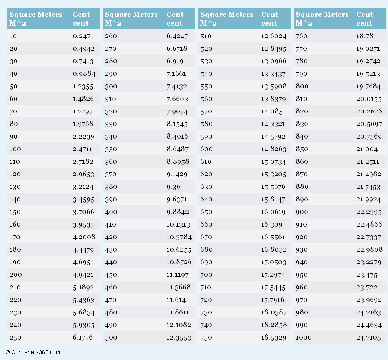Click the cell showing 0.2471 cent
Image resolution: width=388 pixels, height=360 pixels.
coord(83,36)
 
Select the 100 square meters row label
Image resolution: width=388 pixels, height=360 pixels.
coord(15,149)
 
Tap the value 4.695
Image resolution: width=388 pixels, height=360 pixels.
coord(81,262)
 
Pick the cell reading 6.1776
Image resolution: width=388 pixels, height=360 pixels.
coord(82,338)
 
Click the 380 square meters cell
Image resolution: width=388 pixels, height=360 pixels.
coord(111,187)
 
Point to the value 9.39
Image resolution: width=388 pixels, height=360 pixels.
coord(173,187)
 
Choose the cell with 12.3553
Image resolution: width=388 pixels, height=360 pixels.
coord(179,338)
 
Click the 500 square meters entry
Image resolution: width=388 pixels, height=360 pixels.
coord(111,338)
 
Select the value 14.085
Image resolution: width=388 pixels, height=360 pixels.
coord(272,111)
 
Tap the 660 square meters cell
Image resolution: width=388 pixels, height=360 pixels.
coord(207,225)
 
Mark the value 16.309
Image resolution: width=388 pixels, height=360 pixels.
coord(271,225)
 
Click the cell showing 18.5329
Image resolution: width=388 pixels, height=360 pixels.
coord(273,338)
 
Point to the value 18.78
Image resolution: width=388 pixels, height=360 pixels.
coord(364,36)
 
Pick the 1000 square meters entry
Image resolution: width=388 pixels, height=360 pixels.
coord(304,338)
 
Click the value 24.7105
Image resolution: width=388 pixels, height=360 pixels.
coord(368,338)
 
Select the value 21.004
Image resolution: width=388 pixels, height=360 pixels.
coord(367,149)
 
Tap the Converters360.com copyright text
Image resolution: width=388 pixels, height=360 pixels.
coord(33,352)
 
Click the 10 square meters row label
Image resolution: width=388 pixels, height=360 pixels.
coord(13,36)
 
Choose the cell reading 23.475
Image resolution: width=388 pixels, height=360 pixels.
coord(367,275)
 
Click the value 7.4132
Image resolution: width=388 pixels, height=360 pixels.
coord(177,87)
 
